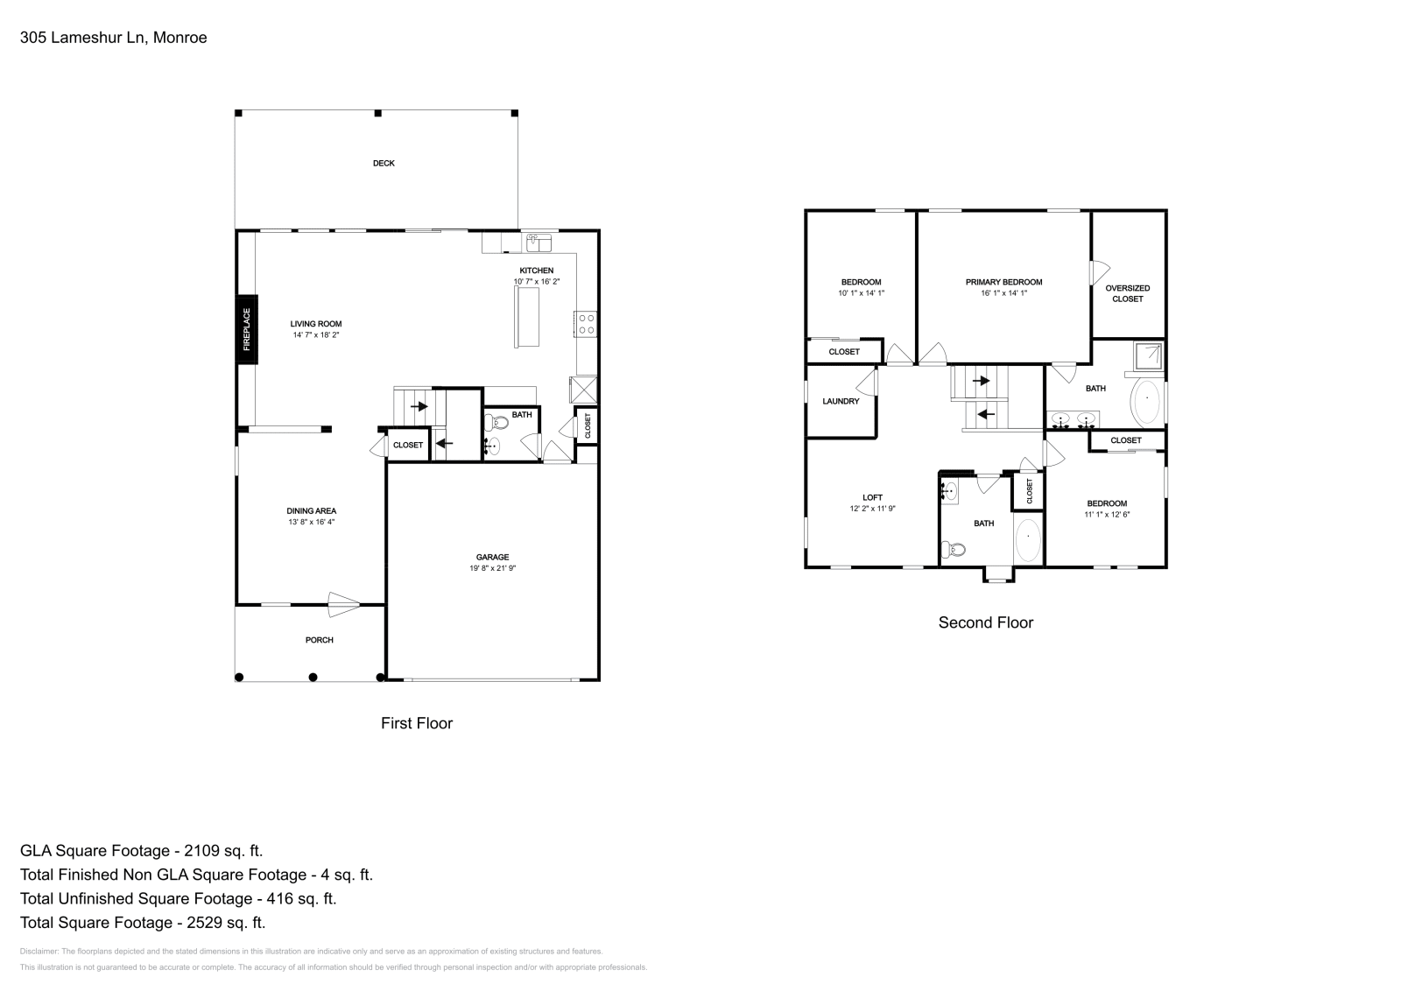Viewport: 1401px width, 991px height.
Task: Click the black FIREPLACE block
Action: [x=246, y=329]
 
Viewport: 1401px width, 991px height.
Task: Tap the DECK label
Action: [x=384, y=163]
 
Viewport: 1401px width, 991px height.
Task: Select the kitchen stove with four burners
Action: [x=587, y=325]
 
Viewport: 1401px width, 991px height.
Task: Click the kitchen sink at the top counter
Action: [x=538, y=242]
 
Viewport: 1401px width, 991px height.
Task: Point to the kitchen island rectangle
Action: [x=526, y=317]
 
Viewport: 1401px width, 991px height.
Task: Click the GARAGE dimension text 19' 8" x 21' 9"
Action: [x=493, y=568]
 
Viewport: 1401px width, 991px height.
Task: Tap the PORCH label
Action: [x=319, y=640]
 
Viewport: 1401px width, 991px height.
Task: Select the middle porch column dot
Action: [x=313, y=677]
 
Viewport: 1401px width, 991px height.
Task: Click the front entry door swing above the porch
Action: [x=343, y=604]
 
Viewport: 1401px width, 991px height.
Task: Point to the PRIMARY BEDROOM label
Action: [x=1003, y=282]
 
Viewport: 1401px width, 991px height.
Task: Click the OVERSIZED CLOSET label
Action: [x=1128, y=293]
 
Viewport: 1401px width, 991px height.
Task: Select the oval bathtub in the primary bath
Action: [x=1146, y=399]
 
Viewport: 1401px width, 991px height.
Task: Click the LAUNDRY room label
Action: [x=841, y=402]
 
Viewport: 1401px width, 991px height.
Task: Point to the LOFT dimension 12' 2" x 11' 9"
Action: [x=872, y=509]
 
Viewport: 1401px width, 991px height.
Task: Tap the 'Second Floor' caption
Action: [x=986, y=622]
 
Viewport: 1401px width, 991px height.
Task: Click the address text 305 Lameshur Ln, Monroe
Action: [x=113, y=38]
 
